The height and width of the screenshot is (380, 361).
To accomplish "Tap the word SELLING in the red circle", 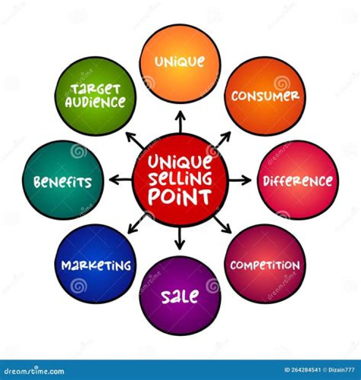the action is (180, 179).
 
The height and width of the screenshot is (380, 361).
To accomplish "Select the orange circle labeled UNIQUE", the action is (180, 64).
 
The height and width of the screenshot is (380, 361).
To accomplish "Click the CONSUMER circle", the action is (265, 96).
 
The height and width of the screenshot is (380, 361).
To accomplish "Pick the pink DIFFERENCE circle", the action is (298, 180).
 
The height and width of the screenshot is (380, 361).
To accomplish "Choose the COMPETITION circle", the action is (265, 264).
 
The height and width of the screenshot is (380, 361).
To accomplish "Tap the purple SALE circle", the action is (180, 296).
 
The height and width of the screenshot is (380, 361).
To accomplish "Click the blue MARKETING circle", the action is (95, 264).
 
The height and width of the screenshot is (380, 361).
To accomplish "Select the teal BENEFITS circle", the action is (63, 180).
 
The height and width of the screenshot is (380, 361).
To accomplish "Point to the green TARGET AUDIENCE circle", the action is (95, 96).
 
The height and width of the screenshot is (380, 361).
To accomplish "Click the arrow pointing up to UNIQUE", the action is (180, 122).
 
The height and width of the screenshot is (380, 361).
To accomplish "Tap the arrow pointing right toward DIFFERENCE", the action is (240, 180).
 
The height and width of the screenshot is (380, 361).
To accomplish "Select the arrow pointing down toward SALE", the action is (179, 238).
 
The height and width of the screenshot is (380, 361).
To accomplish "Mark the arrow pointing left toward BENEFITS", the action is (120, 180).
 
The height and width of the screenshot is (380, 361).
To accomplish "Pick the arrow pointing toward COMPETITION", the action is (223, 225).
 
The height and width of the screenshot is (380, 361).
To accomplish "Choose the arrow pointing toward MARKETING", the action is (137, 224).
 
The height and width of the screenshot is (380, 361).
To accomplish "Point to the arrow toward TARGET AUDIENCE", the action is (135, 141).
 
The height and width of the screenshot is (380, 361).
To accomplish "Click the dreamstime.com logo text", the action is (34, 371).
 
